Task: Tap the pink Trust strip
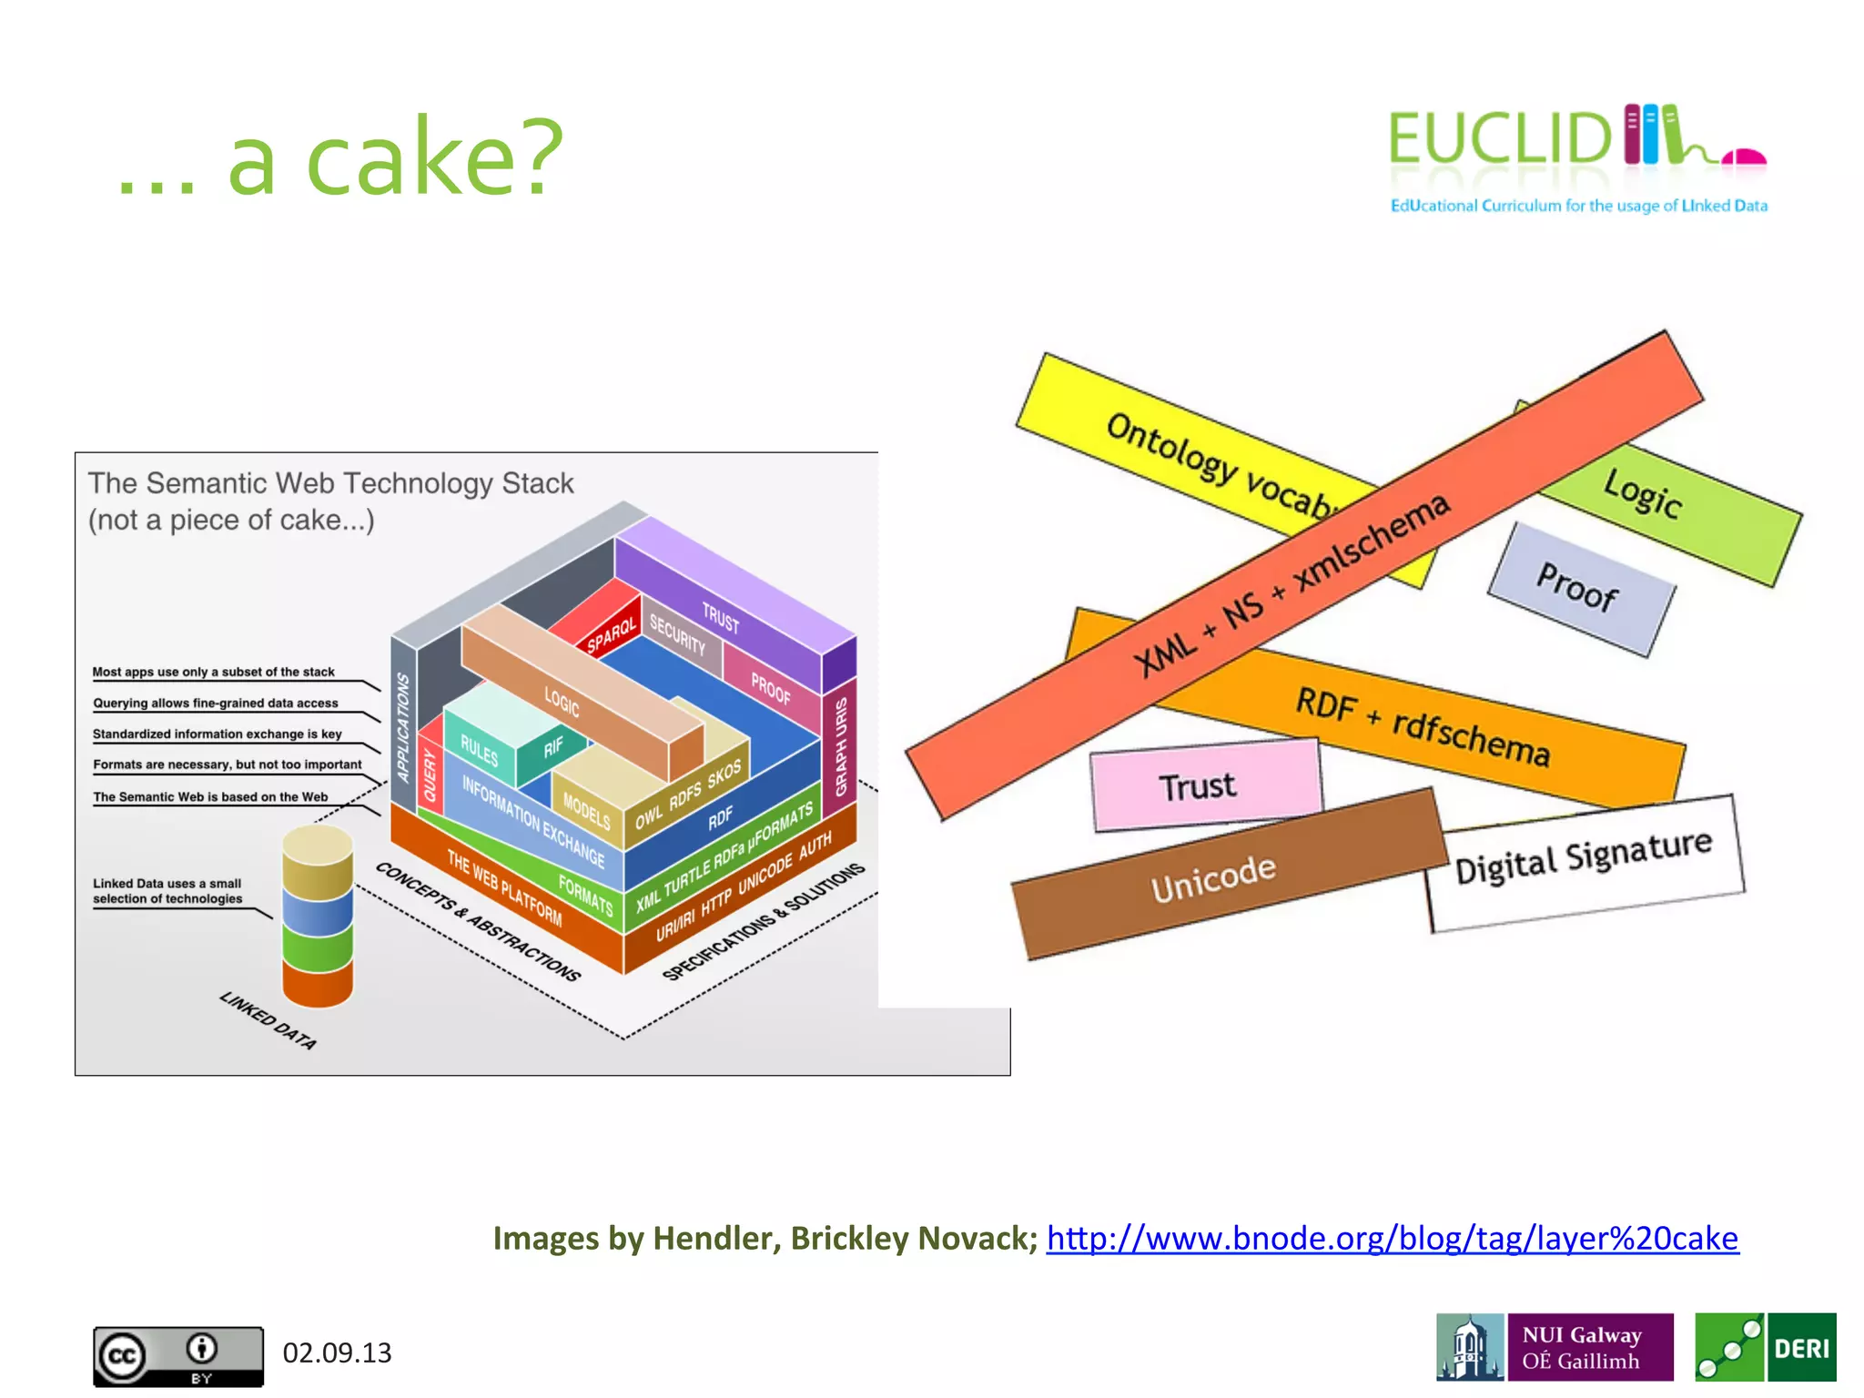click(1201, 785)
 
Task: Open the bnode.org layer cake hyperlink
click(1392, 1239)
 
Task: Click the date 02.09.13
click(337, 1352)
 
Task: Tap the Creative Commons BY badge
click(178, 1355)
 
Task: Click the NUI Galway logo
click(1555, 1347)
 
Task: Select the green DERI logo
click(1765, 1347)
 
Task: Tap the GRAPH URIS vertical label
click(842, 746)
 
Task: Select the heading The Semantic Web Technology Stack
click(330, 483)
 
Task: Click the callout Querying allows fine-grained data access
click(216, 703)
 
